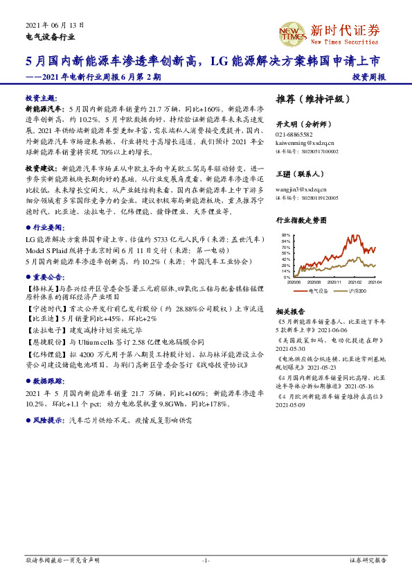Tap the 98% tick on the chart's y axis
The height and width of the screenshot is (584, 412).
coord(285,235)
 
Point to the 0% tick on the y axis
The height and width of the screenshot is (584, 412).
coord(287,277)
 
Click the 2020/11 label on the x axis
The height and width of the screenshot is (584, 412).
coord(334,282)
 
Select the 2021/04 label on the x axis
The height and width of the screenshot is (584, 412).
coord(375,282)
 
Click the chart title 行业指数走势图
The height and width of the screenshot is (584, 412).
coord(301,220)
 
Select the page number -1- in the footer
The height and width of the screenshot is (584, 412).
coord(206,560)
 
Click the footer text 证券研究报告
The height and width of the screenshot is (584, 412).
coord(368,560)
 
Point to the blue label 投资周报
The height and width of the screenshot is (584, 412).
coord(368,77)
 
